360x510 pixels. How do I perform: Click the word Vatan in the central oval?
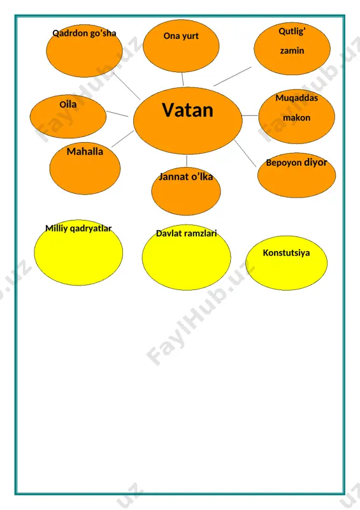point(187,110)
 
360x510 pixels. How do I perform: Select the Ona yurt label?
point(181,36)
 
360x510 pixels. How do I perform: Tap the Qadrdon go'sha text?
point(84,33)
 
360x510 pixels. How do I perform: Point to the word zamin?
point(292,51)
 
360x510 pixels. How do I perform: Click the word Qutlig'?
point(292,31)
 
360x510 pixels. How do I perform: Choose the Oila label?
point(68,105)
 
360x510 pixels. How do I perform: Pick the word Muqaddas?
point(296,98)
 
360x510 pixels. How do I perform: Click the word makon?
point(296,118)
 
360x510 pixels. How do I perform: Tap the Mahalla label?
point(85,152)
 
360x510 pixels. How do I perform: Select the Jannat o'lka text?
point(186,177)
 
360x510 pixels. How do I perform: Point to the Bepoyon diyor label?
point(296,163)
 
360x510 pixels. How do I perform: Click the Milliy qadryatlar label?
point(78,228)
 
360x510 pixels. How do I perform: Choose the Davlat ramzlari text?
point(186,233)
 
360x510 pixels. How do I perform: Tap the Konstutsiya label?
point(286,252)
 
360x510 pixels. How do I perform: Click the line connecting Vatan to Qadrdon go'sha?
point(127,86)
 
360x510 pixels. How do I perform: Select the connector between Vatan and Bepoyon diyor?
point(245,154)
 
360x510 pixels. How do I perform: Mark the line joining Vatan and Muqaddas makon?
point(250,115)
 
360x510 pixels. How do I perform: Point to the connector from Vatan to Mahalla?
point(122,139)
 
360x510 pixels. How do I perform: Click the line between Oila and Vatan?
point(117,114)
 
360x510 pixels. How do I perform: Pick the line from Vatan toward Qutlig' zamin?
point(233,76)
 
